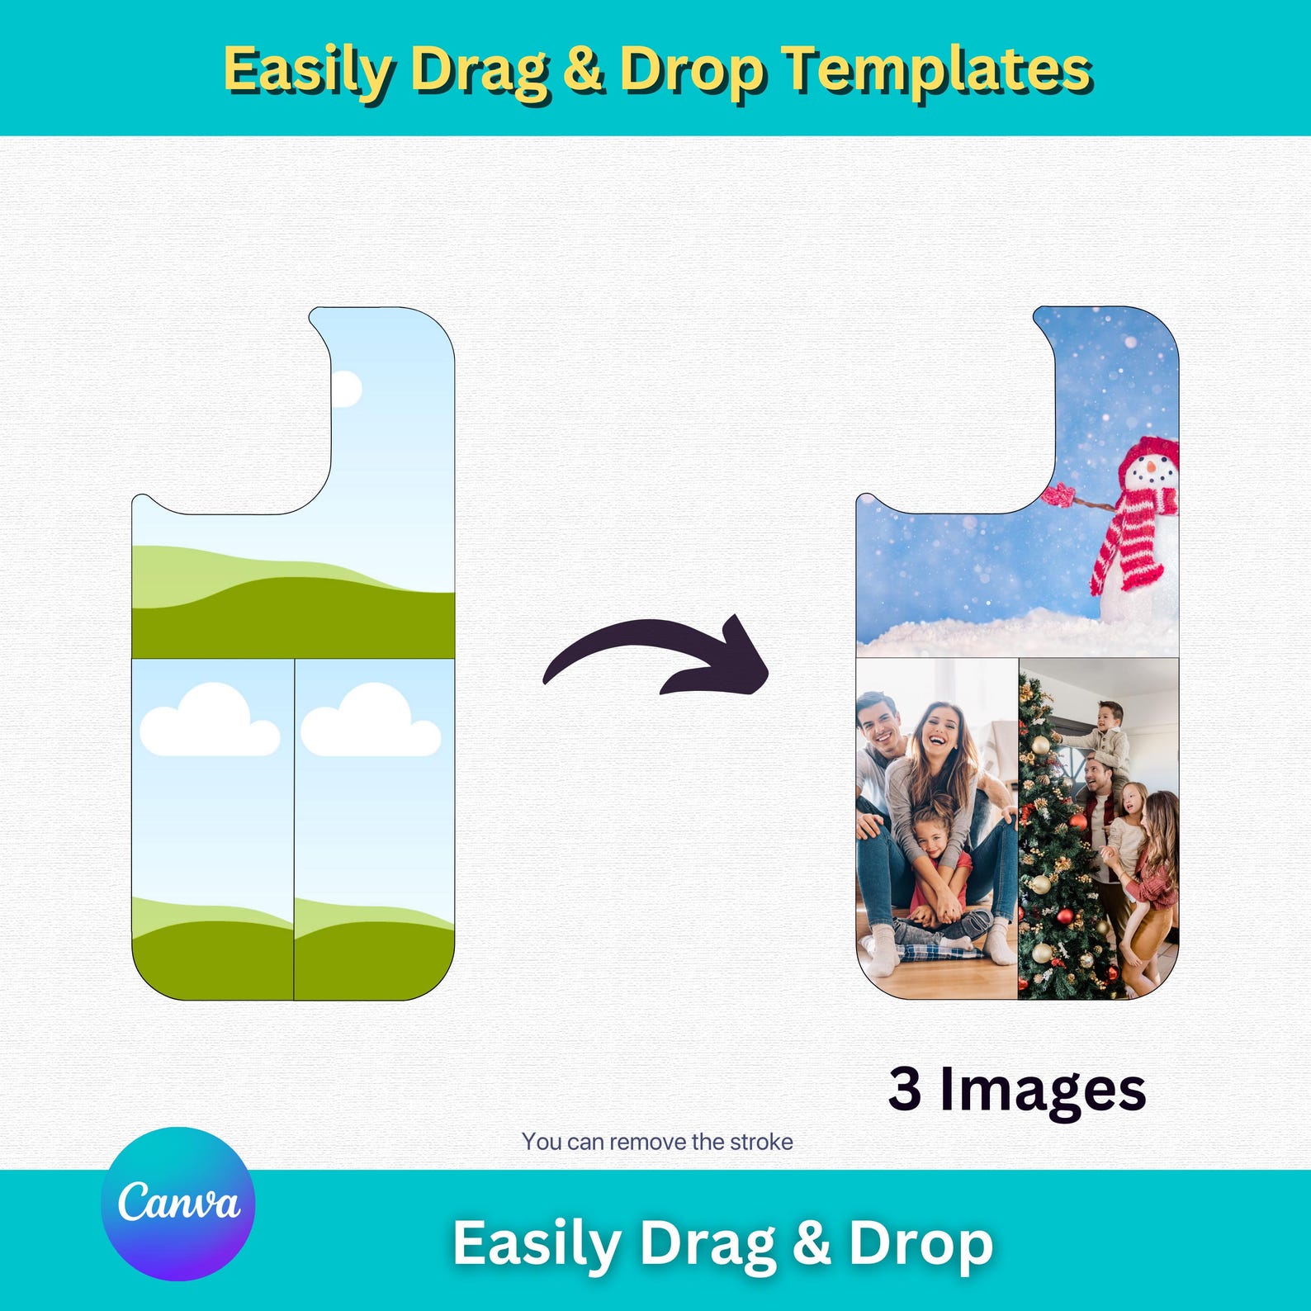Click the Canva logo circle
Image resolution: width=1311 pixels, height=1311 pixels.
pyautogui.click(x=177, y=1204)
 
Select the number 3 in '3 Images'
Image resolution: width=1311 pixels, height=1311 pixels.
pyautogui.click(x=904, y=1089)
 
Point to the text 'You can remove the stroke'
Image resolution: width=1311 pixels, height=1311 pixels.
pyautogui.click(x=657, y=1142)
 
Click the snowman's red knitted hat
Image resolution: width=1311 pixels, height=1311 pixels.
pyautogui.click(x=1148, y=452)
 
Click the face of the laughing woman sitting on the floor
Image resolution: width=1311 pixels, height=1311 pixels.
pyautogui.click(x=938, y=734)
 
